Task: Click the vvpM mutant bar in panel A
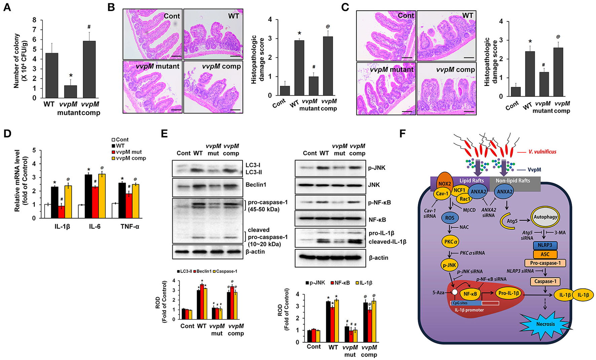coord(71,92)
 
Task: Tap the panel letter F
coord(403,134)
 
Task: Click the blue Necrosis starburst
coord(545,324)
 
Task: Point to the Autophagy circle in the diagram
coord(545,217)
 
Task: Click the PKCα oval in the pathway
coord(450,242)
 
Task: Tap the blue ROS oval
coord(450,218)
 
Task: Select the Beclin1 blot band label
coord(256,185)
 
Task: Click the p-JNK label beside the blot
coord(377,168)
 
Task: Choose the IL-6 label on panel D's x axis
coord(95,226)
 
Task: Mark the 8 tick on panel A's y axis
coord(34,20)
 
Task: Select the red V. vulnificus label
coord(542,152)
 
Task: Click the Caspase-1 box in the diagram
coord(545,281)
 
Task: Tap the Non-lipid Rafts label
coord(513,181)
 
